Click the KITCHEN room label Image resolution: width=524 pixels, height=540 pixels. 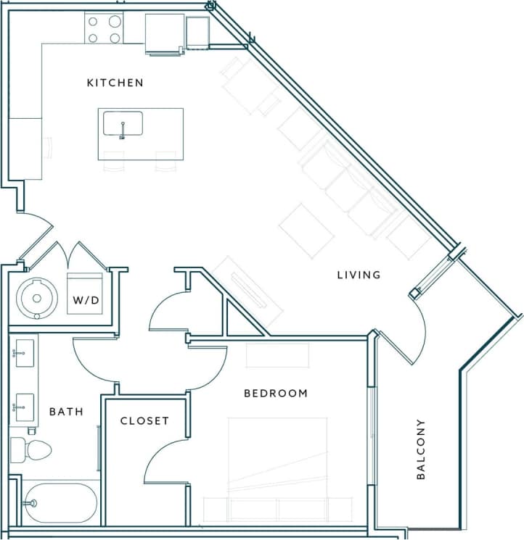(115, 83)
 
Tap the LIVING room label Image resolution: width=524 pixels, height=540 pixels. (359, 275)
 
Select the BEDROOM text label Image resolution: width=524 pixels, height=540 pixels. (275, 394)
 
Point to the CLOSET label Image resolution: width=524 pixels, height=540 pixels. (144, 420)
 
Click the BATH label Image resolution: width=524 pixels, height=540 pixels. (66, 412)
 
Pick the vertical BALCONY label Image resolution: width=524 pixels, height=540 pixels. (422, 449)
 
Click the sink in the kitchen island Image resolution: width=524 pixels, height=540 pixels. (123, 124)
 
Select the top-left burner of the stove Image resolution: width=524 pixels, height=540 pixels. (94, 21)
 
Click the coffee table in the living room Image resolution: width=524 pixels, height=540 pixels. (306, 230)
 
